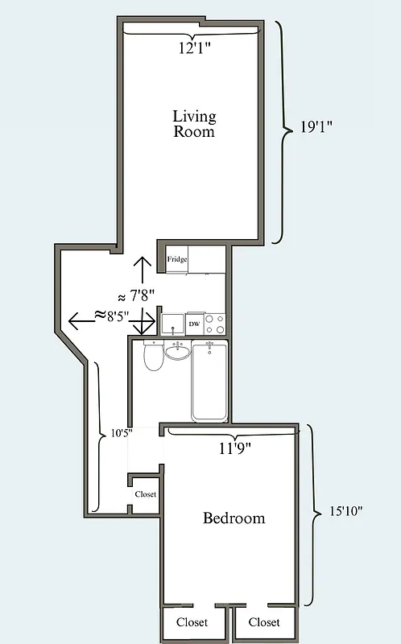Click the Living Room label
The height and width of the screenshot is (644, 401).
[194, 123]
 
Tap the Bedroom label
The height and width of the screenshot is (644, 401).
[234, 518]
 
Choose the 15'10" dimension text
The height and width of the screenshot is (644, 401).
[345, 510]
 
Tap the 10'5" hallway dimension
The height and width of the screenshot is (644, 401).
[121, 432]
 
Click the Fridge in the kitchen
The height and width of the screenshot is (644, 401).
[177, 259]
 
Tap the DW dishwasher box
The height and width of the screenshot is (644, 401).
[194, 324]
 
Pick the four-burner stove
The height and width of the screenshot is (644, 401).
[214, 324]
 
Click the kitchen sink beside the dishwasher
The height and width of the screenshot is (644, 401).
[172, 324]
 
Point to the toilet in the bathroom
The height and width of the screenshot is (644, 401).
[153, 356]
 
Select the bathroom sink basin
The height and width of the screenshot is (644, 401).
[178, 351]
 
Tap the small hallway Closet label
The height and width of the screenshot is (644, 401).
[146, 494]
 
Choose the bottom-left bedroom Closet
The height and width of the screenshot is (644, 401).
[192, 622]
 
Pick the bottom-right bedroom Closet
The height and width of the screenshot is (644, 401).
[264, 622]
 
